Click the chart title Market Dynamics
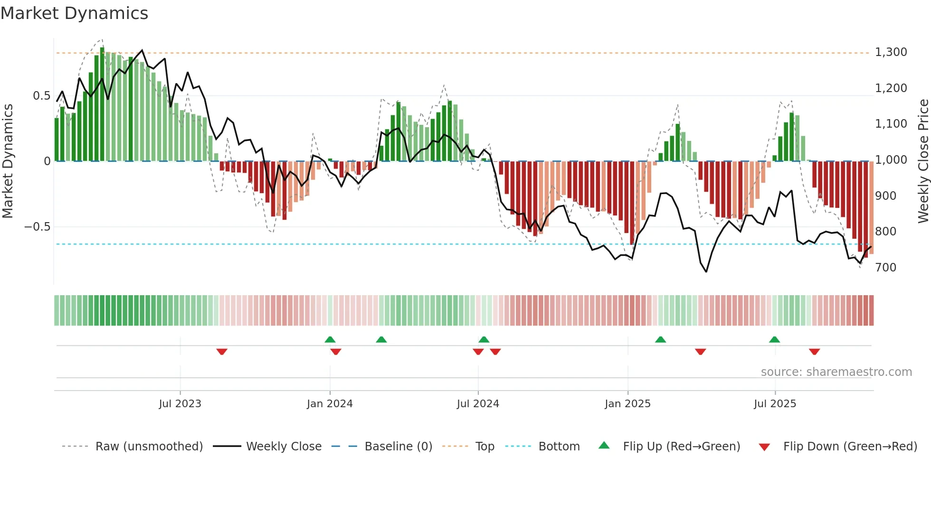point(74,13)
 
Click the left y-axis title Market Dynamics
point(8,161)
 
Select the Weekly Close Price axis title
point(923,161)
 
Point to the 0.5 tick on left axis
point(41,96)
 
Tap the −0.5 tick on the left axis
point(38,227)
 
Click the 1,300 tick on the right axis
point(891,52)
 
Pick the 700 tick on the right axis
point(885,268)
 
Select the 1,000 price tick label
point(891,160)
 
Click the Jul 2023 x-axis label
point(180,404)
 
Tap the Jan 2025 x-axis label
point(627,404)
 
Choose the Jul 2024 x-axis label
point(478,404)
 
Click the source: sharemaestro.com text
point(836,372)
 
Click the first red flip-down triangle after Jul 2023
point(222,352)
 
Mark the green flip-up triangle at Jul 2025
point(774,339)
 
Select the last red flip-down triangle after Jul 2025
point(814,352)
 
